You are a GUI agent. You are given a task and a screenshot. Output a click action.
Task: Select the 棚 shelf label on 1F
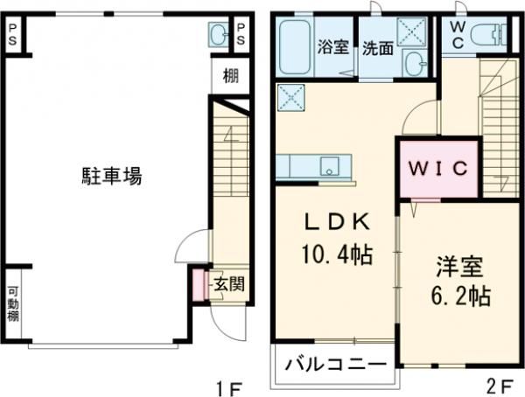(x=230, y=76)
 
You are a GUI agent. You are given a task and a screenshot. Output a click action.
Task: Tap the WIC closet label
(x=437, y=168)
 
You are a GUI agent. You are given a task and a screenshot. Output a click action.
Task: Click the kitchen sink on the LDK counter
(x=330, y=164)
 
